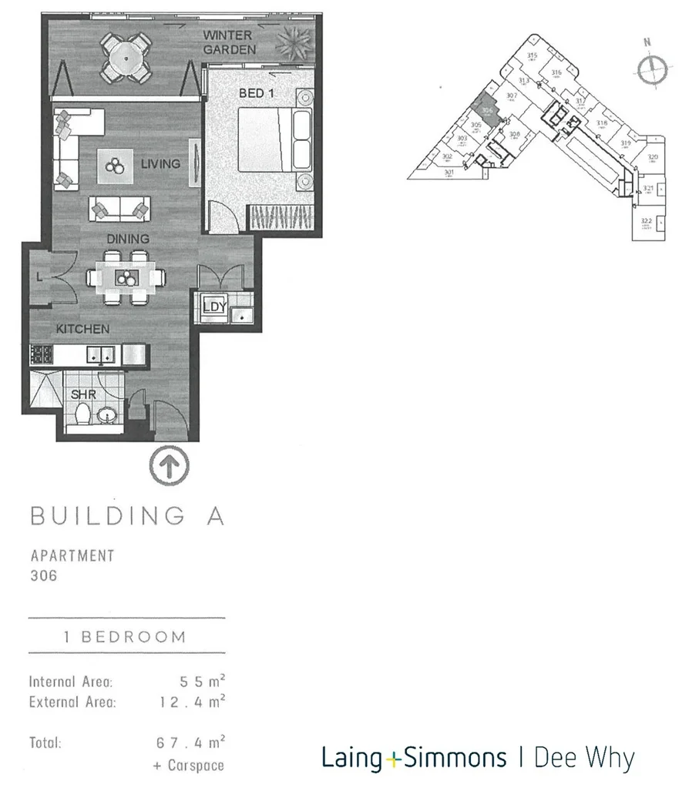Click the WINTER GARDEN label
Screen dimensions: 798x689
coord(227,42)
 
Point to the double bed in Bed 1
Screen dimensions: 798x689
coord(274,139)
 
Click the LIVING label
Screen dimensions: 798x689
coord(160,164)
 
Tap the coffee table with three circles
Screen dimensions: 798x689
coord(116,166)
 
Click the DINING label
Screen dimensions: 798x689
coord(129,240)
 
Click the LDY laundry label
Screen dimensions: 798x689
coord(214,307)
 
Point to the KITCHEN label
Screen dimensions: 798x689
coord(82,329)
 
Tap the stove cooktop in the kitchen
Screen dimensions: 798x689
coord(41,355)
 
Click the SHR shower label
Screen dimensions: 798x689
coord(82,394)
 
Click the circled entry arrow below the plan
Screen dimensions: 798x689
coord(169,465)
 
